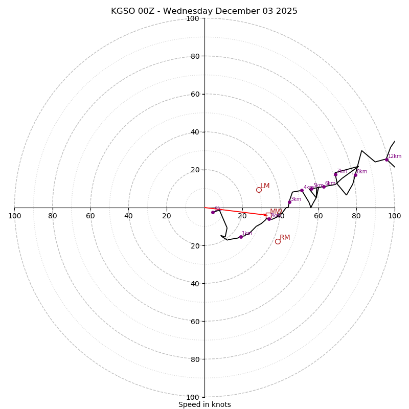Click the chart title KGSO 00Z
coord(204,11)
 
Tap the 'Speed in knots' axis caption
coord(204,404)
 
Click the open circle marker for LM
coord(259,190)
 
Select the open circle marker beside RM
coord(278,241)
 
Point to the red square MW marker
coord(268,215)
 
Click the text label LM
coord(265,186)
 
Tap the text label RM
coord(285,238)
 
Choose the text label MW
coord(276,212)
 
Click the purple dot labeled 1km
coord(241,237)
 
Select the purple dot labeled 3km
coord(289,202)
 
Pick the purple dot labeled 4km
coord(302,190)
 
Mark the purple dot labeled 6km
coord(324,187)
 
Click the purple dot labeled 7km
coord(335,174)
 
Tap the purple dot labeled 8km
coord(355,175)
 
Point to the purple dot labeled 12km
coord(387,160)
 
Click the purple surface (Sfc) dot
coord(213,212)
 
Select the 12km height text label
coord(395,156)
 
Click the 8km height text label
coord(362,172)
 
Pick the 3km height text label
coord(296,199)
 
